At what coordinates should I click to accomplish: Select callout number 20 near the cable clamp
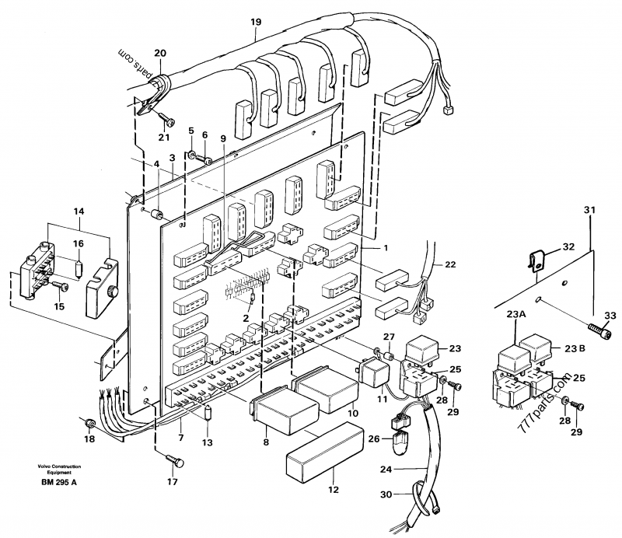(x=160, y=53)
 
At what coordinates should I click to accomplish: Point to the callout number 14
(x=79, y=211)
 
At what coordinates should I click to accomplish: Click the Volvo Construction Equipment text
(x=49, y=469)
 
